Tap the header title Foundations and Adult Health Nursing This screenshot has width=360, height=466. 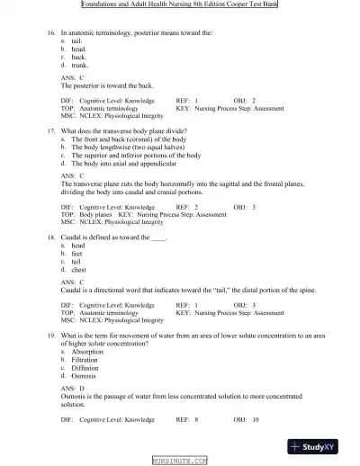[x=179, y=4]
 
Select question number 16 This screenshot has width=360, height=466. [x=51, y=31]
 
